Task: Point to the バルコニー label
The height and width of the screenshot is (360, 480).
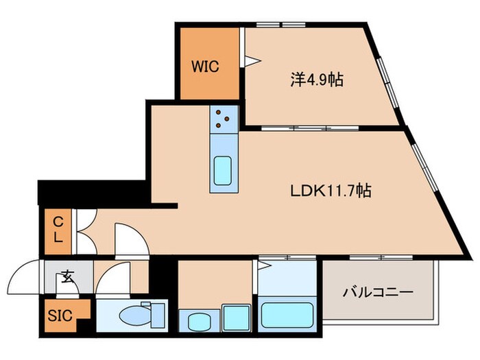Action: pos(378,293)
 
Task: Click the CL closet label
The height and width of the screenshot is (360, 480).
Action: pos(60,230)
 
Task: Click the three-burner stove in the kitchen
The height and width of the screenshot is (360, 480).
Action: pos(224,119)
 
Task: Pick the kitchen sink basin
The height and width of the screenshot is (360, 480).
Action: pos(224,171)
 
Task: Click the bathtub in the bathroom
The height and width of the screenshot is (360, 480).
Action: pos(287,316)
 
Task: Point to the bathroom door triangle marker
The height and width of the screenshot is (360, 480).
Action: pos(263,267)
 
